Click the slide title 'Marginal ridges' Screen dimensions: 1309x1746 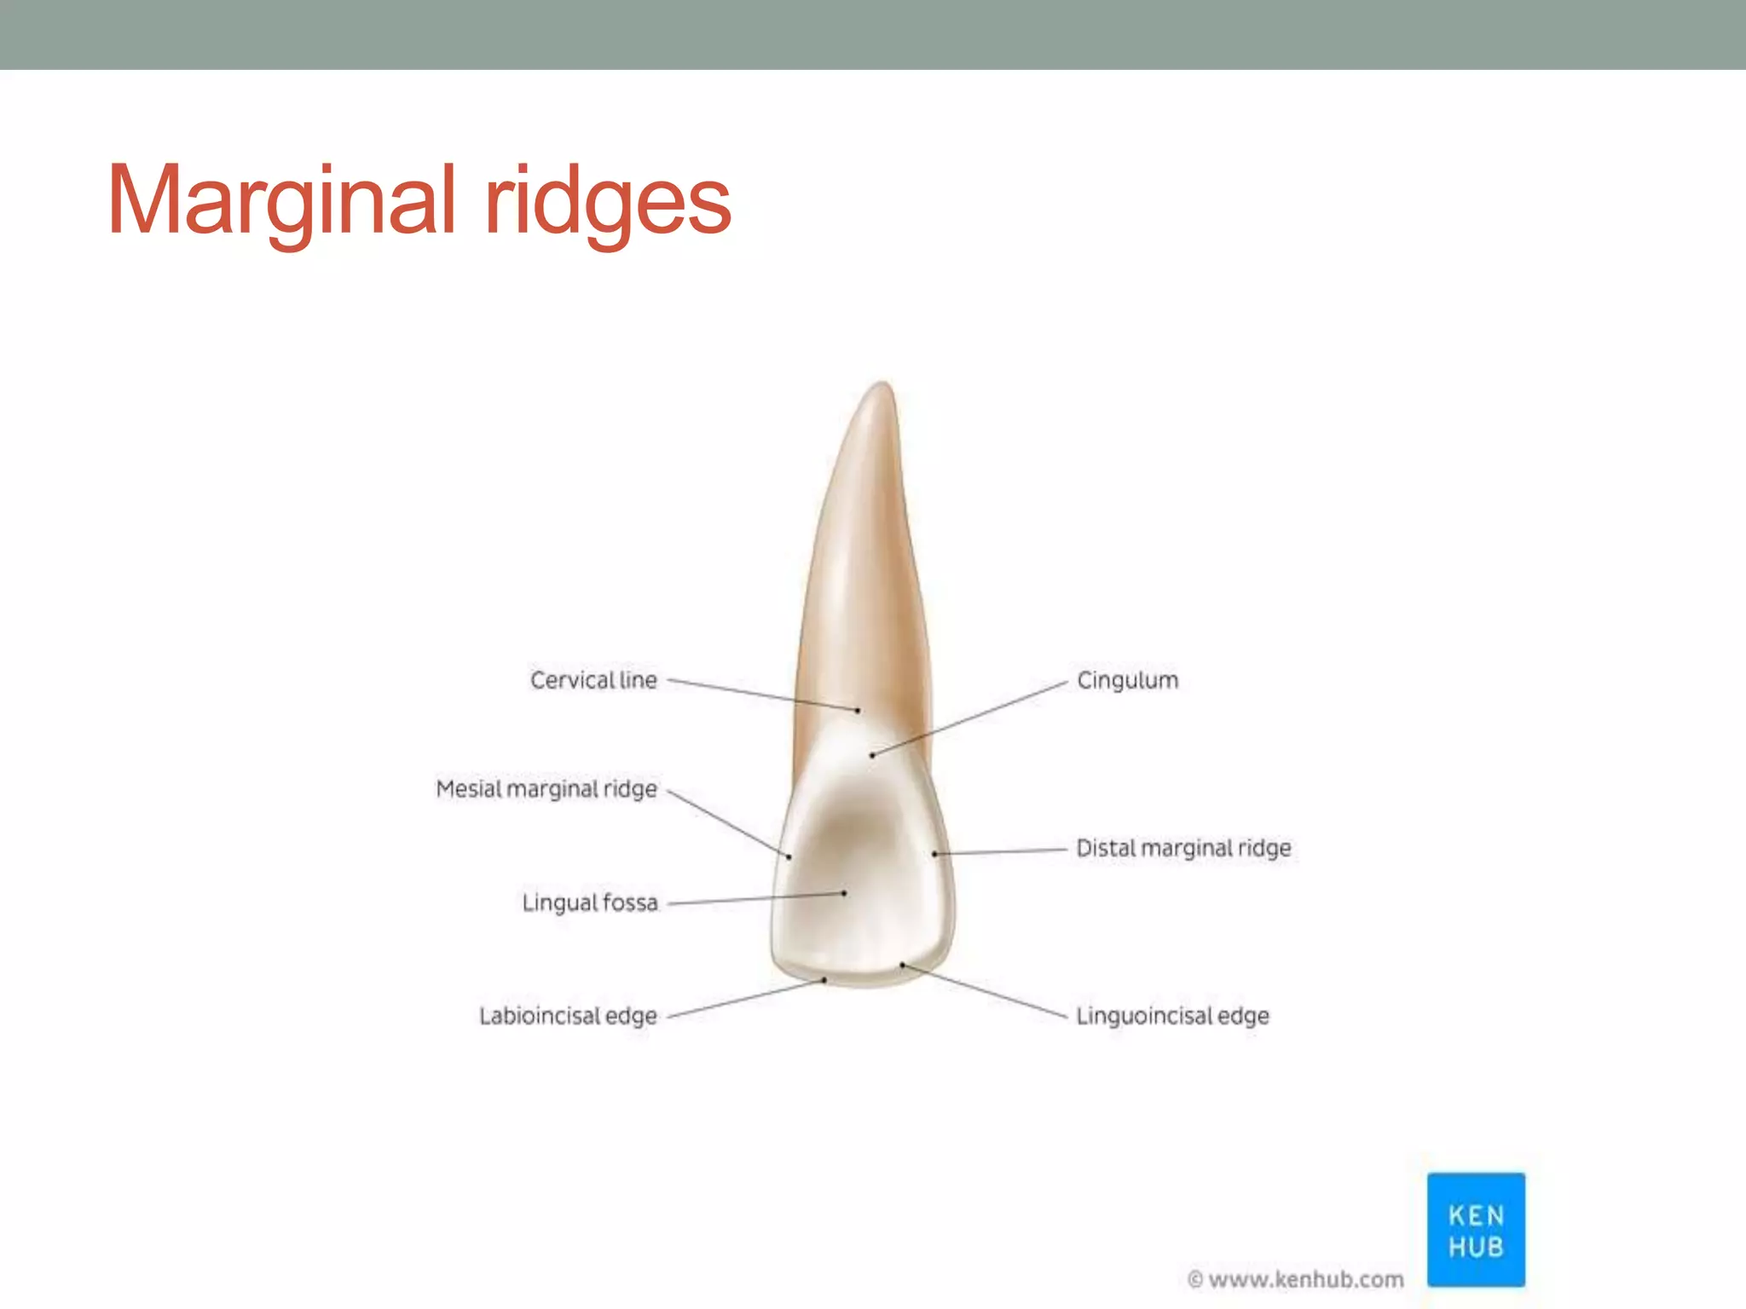pos(419,201)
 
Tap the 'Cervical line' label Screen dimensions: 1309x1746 pos(593,680)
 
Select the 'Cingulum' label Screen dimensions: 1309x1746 pos(1127,680)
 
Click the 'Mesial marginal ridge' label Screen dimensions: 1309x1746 pos(546,789)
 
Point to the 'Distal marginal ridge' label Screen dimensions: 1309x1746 pos(1183,848)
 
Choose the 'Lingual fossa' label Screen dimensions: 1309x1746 pos(590,902)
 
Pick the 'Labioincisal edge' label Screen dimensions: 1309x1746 pos(568,1016)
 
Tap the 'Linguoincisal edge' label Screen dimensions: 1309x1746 pos(1172,1016)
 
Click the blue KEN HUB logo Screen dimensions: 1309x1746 pos(1476,1230)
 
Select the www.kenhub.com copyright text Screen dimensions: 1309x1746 pos(1296,1279)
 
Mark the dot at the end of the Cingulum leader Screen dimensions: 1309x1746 pos(872,755)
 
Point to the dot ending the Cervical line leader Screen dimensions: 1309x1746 pos(858,710)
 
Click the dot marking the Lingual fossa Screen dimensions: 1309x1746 pos(844,893)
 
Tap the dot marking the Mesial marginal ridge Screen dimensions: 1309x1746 pos(789,856)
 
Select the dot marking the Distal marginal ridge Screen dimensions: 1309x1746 pos(935,853)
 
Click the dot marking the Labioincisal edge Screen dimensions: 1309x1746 pos(824,980)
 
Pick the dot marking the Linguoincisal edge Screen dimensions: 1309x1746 pos(902,966)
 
